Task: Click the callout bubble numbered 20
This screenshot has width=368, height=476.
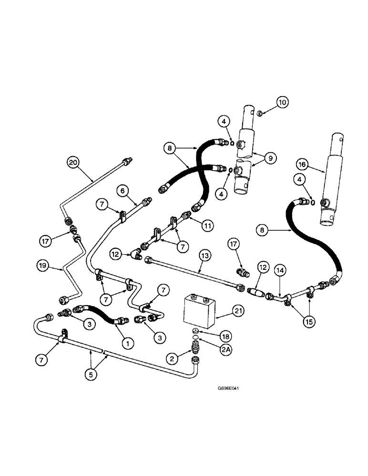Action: point(72,162)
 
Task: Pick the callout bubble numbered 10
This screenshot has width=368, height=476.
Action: point(283,101)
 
